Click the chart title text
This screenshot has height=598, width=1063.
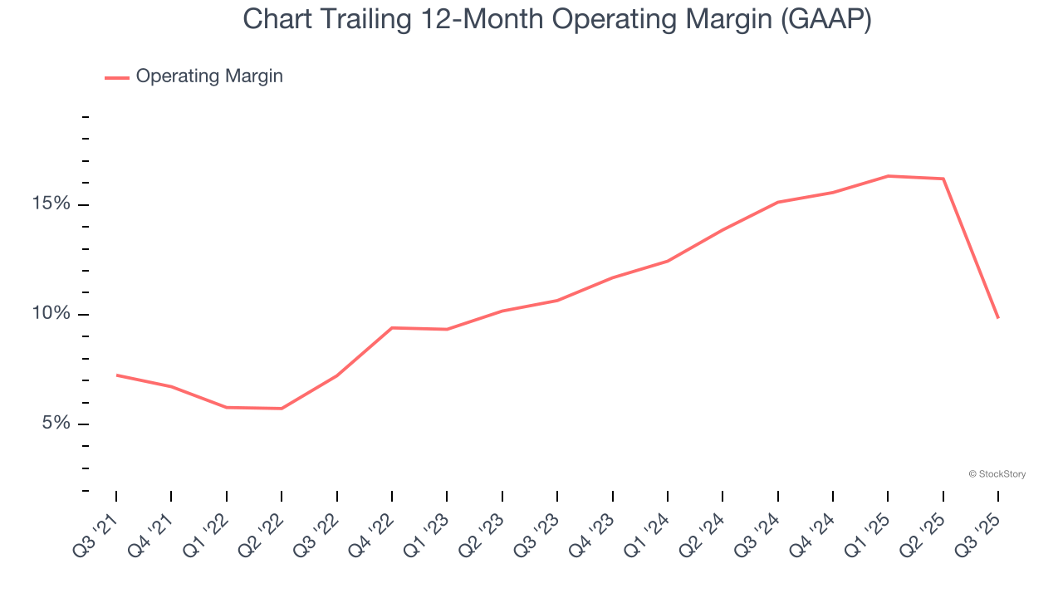point(557,18)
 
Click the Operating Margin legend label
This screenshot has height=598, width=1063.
point(209,76)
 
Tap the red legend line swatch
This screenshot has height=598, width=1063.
point(117,77)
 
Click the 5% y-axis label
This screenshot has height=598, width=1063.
point(57,424)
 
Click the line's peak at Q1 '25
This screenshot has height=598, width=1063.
point(888,176)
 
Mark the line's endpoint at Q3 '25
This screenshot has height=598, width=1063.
point(997,318)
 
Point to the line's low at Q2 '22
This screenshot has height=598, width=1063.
point(282,408)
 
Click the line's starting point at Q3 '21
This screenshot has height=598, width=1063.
point(116,375)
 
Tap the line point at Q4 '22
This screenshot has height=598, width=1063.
point(392,327)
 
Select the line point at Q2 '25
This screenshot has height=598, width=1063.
point(943,179)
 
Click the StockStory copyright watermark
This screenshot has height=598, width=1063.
point(997,474)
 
